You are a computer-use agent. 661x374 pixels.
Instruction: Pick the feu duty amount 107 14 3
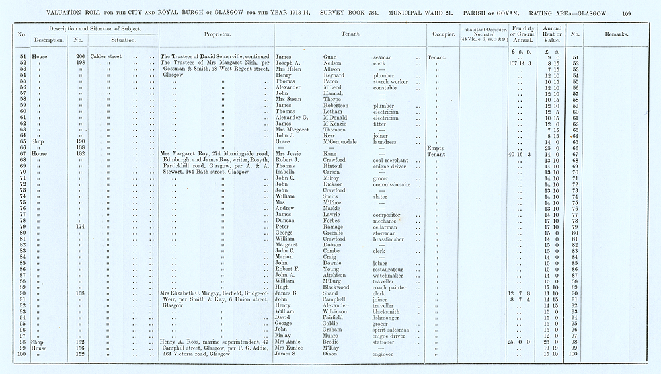point(520,63)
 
